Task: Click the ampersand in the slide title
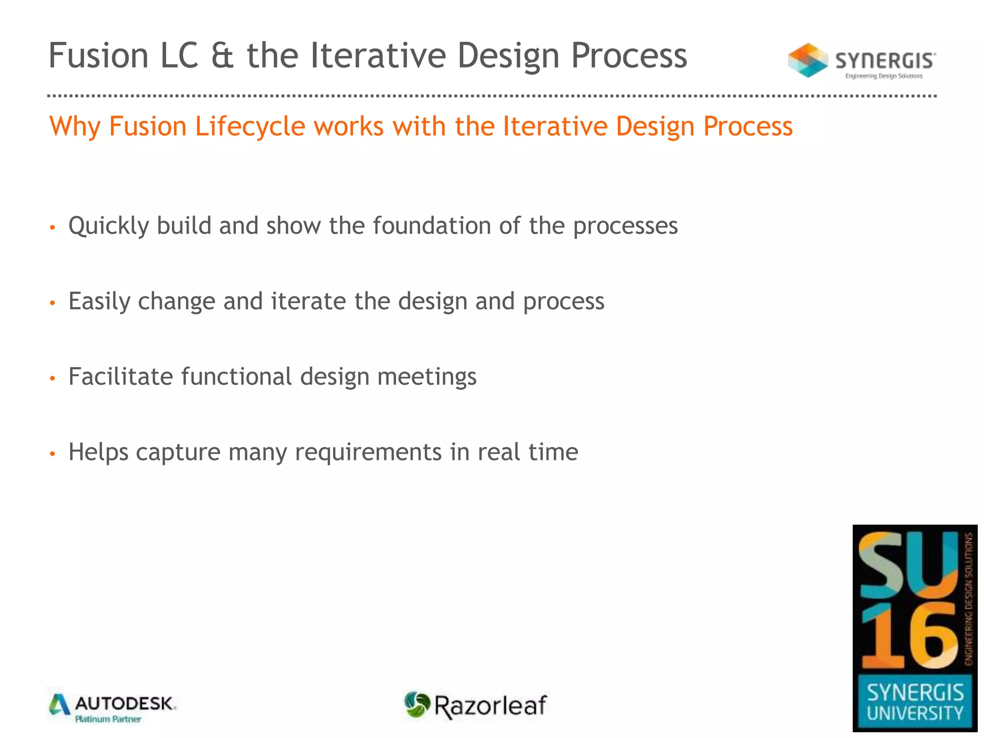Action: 222,56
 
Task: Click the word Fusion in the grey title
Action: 98,56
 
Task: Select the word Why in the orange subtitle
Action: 75,127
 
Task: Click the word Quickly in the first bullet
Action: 109,226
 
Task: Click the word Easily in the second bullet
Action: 99,302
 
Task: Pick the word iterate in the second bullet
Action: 308,302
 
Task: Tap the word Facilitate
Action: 121,377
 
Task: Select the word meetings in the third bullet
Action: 427,377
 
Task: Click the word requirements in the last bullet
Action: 368,453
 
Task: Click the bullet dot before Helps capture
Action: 53,454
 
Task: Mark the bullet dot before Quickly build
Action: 53,227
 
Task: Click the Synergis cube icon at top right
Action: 808,61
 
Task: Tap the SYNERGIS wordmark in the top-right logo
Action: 885,61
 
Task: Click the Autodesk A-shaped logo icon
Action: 60,705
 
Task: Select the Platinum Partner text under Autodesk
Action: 108,719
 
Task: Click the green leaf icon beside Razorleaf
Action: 416,705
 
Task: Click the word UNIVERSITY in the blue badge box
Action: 915,713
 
